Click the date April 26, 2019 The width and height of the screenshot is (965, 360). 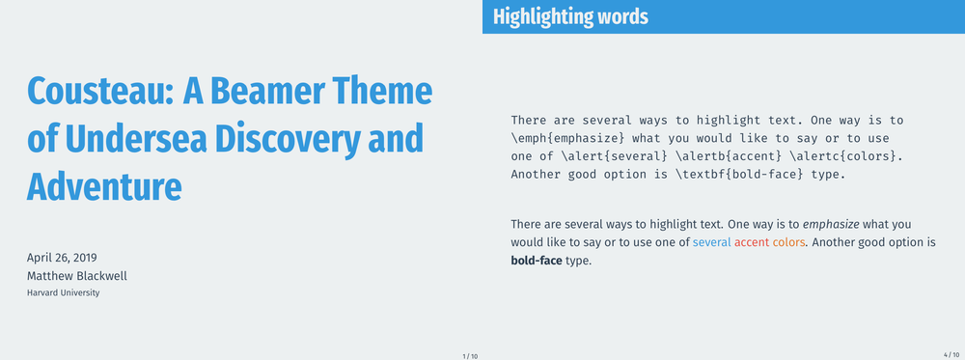coord(62,258)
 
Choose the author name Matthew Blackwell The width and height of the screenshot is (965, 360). coord(77,276)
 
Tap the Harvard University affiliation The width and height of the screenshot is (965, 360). coord(63,293)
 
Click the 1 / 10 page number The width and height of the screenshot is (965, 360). coord(470,356)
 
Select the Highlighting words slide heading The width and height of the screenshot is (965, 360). coord(570,16)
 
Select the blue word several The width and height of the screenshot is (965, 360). coord(712,242)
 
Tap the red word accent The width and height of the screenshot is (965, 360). coord(752,242)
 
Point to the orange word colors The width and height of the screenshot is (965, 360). coord(789,242)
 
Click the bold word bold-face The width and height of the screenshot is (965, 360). coord(536,261)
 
